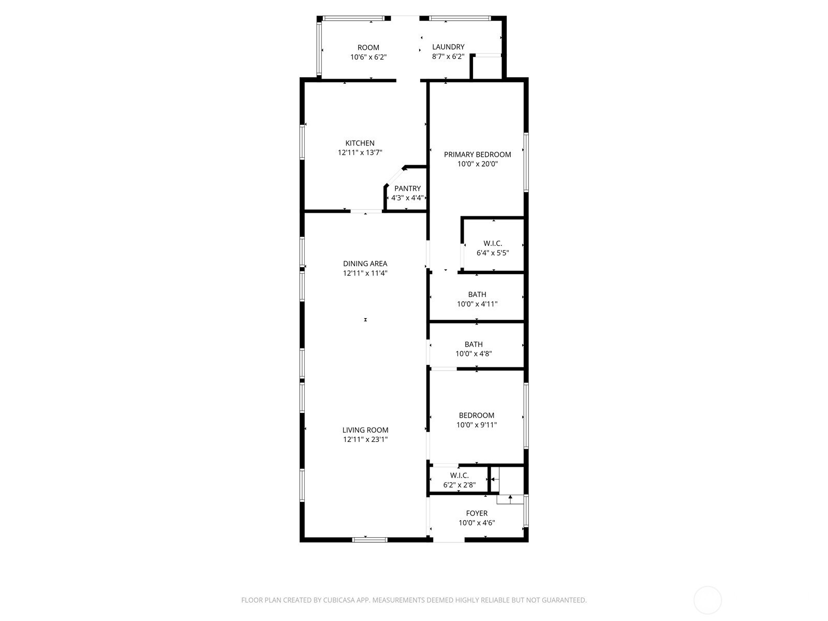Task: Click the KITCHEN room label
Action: point(360,143)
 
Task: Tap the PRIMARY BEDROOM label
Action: point(477,155)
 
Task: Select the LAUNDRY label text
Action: point(448,47)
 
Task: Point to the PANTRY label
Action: point(407,188)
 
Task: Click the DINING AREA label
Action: point(365,263)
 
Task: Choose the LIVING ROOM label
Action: point(365,430)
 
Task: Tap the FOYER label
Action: point(477,513)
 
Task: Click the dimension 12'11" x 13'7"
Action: point(360,153)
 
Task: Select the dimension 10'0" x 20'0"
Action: point(478,164)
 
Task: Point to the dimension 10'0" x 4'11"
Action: point(477,304)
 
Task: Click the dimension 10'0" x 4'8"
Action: point(474,353)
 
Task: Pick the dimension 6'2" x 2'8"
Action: point(459,485)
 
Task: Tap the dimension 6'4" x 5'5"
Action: point(493,253)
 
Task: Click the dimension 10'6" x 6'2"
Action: point(368,57)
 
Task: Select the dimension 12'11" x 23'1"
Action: point(365,439)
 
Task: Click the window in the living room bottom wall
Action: point(369,540)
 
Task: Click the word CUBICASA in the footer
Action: point(339,600)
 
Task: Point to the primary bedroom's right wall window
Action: point(526,162)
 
